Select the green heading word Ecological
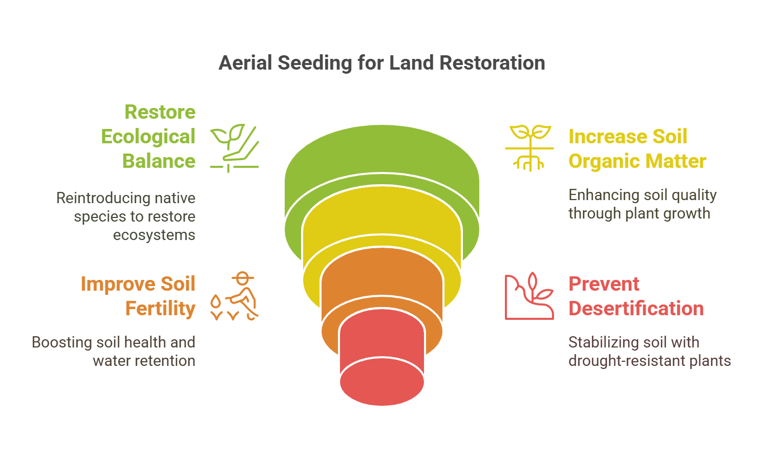pos(148,137)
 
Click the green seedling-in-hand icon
pos(235,148)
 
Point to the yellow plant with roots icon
pos(529,148)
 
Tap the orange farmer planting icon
pos(235,296)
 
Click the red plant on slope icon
pos(529,296)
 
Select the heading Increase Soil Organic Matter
pos(637,149)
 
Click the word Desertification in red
pos(636,309)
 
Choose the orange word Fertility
pos(160,309)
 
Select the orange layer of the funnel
pos(381,276)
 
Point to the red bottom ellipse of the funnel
pos(381,383)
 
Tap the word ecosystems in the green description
pos(154,235)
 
